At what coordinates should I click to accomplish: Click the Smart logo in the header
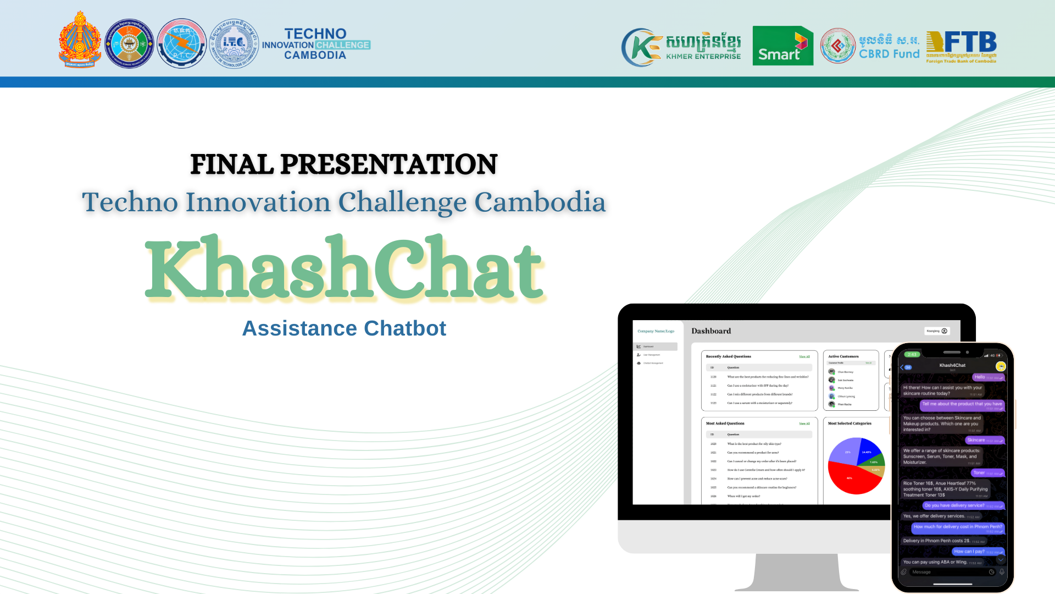782,46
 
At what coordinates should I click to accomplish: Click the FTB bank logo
961,46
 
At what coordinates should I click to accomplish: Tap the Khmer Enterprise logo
681,47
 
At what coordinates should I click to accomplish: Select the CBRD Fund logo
870,46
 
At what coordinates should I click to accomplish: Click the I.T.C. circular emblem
234,43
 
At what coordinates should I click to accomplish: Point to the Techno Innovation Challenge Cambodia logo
316,44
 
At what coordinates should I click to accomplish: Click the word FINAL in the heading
231,164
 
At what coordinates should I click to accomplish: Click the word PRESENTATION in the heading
388,164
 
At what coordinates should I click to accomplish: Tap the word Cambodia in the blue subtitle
540,202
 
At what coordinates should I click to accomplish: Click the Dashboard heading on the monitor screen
711,331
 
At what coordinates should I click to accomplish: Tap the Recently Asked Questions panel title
728,356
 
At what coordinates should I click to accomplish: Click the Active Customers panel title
843,356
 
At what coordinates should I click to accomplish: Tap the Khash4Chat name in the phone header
952,365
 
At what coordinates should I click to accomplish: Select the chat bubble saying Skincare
976,440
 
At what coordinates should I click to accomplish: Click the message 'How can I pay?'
969,551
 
